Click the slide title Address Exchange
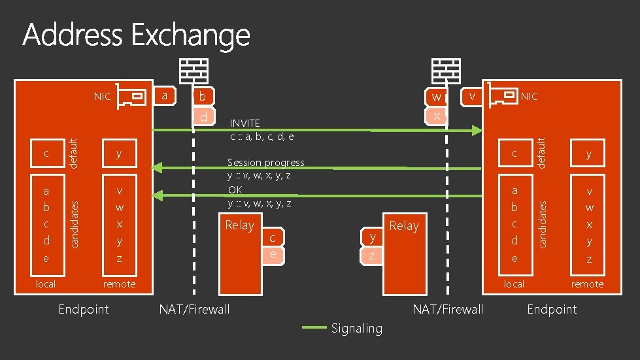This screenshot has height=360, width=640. [136, 35]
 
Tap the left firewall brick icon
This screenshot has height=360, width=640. [194, 71]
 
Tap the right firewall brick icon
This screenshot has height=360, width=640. [446, 71]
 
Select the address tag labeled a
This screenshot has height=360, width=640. [165, 96]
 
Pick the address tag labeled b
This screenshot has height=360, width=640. [203, 97]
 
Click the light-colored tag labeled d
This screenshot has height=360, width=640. [204, 116]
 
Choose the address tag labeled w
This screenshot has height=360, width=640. [436, 97]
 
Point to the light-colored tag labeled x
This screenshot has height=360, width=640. [436, 116]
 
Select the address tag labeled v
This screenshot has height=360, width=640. [472, 97]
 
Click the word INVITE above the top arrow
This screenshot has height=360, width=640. [245, 123]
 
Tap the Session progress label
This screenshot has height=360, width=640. [265, 162]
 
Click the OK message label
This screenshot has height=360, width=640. [235, 189]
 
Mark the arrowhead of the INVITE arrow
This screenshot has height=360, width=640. [477, 131]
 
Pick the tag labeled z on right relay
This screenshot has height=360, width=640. [371, 256]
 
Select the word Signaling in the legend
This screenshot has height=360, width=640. [357, 328]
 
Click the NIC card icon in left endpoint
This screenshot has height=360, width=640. [131, 96]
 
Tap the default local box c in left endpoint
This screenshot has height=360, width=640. [47, 154]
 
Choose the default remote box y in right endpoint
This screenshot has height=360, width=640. [588, 154]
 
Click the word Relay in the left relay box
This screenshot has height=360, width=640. [240, 225]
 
